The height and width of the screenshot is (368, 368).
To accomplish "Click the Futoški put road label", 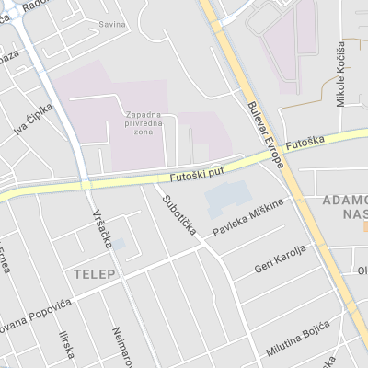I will tap(197, 173).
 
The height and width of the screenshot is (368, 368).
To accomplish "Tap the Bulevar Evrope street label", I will tap(265, 133).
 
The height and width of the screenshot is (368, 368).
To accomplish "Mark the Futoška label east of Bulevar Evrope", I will tap(305, 144).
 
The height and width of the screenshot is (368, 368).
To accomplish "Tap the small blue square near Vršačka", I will tap(118, 245).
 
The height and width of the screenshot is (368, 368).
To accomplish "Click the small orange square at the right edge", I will tap(364, 224).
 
